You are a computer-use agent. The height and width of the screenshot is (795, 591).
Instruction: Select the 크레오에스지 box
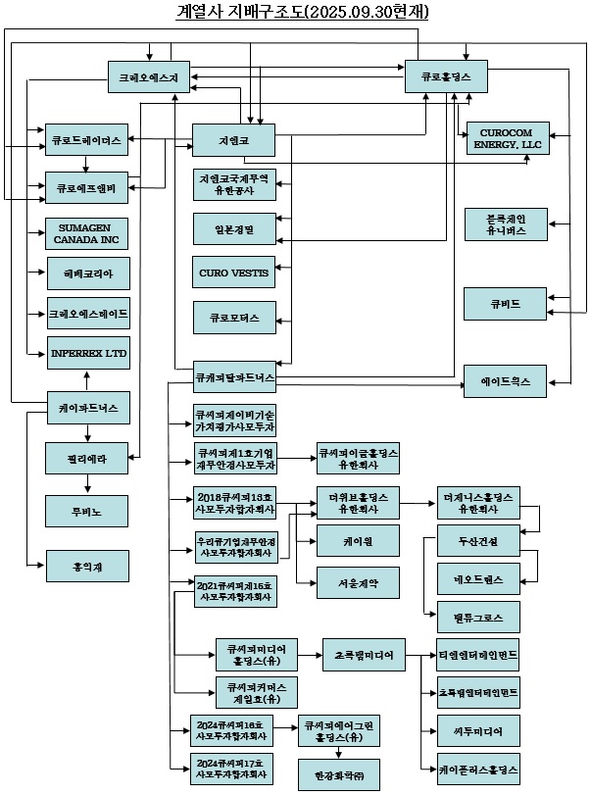148,75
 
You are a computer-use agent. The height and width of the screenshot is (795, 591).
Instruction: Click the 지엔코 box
233,140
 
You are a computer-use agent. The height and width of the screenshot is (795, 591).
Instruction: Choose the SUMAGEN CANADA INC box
87,233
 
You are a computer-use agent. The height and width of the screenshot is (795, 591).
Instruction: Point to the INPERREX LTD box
87,352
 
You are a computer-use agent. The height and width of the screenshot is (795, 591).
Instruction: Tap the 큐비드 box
506,301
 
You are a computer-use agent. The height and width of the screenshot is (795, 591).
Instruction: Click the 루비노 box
87,511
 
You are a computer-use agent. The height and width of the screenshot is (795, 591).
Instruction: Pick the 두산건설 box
478,543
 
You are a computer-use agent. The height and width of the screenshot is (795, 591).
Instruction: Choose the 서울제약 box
358,583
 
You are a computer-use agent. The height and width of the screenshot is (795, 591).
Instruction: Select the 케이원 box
358,538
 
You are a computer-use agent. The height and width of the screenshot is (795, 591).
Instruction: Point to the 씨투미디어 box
478,730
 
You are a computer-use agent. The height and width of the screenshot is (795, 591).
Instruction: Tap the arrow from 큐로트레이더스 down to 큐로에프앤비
87,163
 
